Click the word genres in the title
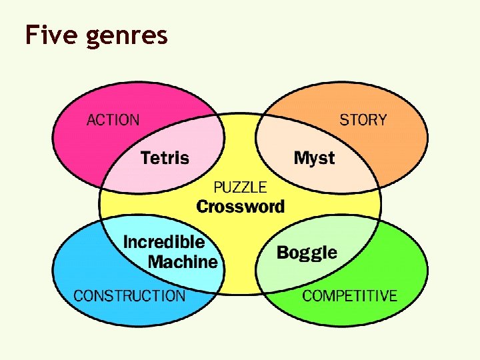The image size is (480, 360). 127,36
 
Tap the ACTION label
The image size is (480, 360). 113,121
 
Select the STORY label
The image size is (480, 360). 363,121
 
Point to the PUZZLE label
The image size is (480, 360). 240,188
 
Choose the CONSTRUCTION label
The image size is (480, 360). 129,296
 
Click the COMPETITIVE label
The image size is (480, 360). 349,296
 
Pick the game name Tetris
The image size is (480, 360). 165,159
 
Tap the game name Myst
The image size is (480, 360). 314,159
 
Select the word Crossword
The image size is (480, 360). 240,207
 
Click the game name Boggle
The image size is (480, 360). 307,253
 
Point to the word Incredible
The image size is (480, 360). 164,241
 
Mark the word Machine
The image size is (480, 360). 183,262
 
